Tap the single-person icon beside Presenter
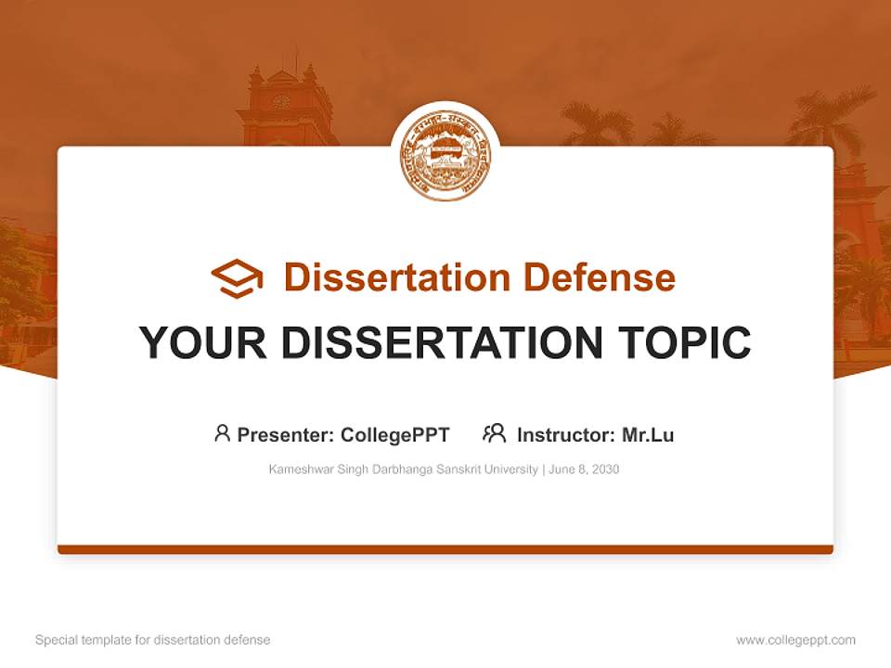(x=222, y=433)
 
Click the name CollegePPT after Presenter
(x=395, y=434)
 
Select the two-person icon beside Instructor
(x=494, y=433)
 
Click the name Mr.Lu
(x=648, y=434)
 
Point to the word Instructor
(x=564, y=434)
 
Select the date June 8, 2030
(x=584, y=469)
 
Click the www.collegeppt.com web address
(x=795, y=640)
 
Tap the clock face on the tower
(x=281, y=102)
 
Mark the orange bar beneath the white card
(x=445, y=549)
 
